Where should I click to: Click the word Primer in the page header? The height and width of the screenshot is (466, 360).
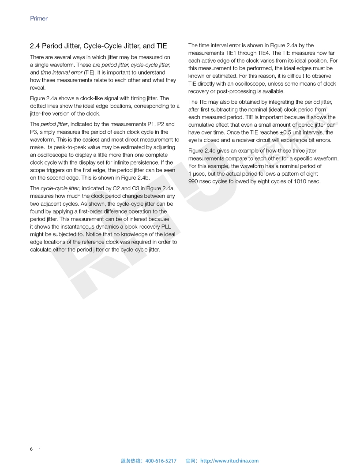[39, 19]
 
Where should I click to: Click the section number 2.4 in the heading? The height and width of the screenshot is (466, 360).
[35, 46]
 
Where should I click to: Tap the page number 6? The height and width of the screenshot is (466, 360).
[31, 449]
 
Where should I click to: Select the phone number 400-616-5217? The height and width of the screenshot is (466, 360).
[161, 461]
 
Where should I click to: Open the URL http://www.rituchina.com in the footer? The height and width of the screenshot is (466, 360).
[229, 461]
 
